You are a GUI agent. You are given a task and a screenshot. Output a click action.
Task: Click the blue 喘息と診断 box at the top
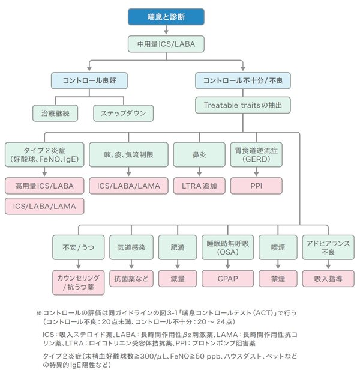[x=166, y=17]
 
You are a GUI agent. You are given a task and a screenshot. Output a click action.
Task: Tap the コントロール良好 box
[x=89, y=80]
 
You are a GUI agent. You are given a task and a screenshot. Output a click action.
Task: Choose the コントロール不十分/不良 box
[x=244, y=80]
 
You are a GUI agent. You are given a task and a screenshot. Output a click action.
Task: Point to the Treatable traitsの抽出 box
[x=244, y=105]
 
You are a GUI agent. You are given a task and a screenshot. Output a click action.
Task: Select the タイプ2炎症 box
[x=44, y=154]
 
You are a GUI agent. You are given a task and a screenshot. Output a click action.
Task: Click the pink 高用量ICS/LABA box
[x=44, y=186]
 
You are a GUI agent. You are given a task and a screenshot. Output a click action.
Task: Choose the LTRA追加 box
[x=196, y=186]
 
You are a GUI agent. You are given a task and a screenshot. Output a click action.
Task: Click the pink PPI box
[x=256, y=186]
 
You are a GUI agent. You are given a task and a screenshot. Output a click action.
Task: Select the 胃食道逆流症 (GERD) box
[x=256, y=154]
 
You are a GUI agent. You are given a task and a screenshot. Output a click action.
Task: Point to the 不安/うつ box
[x=77, y=247]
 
